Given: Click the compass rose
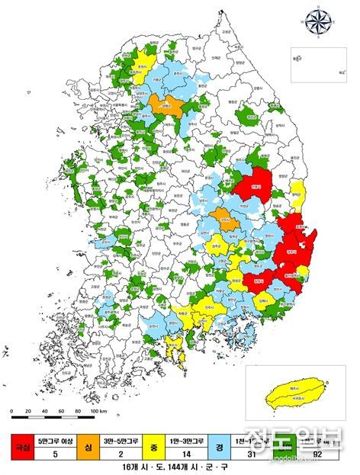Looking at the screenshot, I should tap(317, 21).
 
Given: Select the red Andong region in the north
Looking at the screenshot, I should tap(254, 185).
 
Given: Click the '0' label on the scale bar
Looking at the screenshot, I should tap(13, 412).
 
